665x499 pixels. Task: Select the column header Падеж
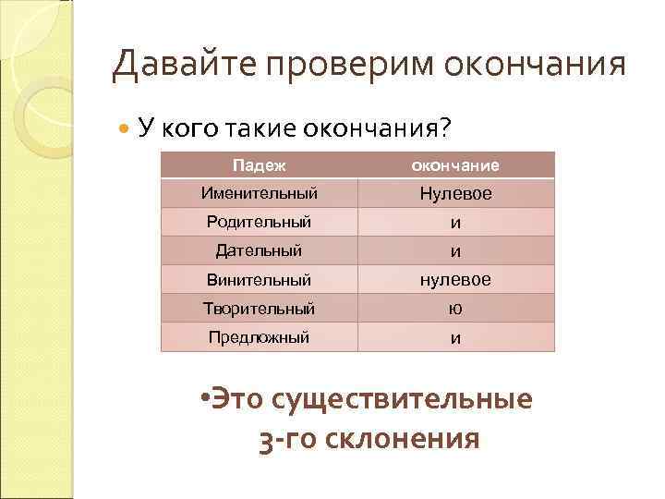pyautogui.click(x=259, y=165)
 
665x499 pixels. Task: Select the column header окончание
pyautogui.click(x=455, y=165)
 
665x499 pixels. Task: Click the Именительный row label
pyautogui.click(x=259, y=194)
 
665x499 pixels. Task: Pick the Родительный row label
pyautogui.click(x=259, y=222)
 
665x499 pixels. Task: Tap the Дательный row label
pyautogui.click(x=259, y=250)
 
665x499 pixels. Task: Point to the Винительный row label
pyautogui.click(x=259, y=279)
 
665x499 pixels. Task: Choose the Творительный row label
pyautogui.click(x=259, y=308)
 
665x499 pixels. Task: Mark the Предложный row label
pyautogui.click(x=259, y=337)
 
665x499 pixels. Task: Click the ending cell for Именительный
pyautogui.click(x=455, y=195)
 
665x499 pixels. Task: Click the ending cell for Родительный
pyautogui.click(x=455, y=223)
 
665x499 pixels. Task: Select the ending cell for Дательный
pyautogui.click(x=455, y=251)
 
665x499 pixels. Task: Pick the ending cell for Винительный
pyautogui.click(x=455, y=280)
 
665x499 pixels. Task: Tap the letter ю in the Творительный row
pyautogui.click(x=455, y=309)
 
